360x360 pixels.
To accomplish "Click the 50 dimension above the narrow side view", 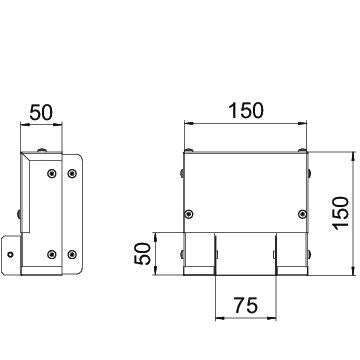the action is (41, 112).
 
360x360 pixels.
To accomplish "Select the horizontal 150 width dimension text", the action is (246, 111).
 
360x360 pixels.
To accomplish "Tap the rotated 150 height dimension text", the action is (340, 213).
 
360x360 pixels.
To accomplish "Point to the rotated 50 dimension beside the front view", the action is (142, 254).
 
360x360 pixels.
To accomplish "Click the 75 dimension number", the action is (246, 305).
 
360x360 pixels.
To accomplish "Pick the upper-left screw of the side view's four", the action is (52, 173).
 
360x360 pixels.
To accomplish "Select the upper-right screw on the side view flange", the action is (72, 173).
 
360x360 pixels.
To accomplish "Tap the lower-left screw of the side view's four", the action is (52, 255).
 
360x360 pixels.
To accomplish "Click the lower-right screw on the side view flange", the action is (72, 255).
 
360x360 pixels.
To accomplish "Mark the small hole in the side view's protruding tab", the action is (11, 255).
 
